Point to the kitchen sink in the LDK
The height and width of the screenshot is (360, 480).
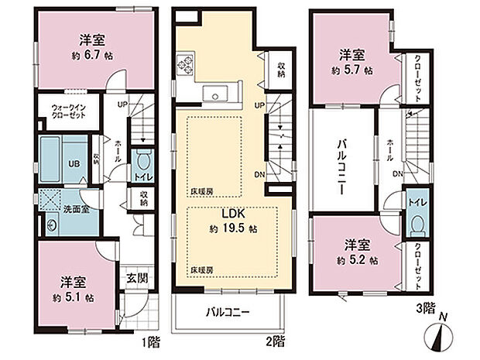pos(214,94)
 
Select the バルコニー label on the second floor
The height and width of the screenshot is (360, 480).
pos(227,314)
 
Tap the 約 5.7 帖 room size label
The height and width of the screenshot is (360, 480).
pos(351,70)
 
